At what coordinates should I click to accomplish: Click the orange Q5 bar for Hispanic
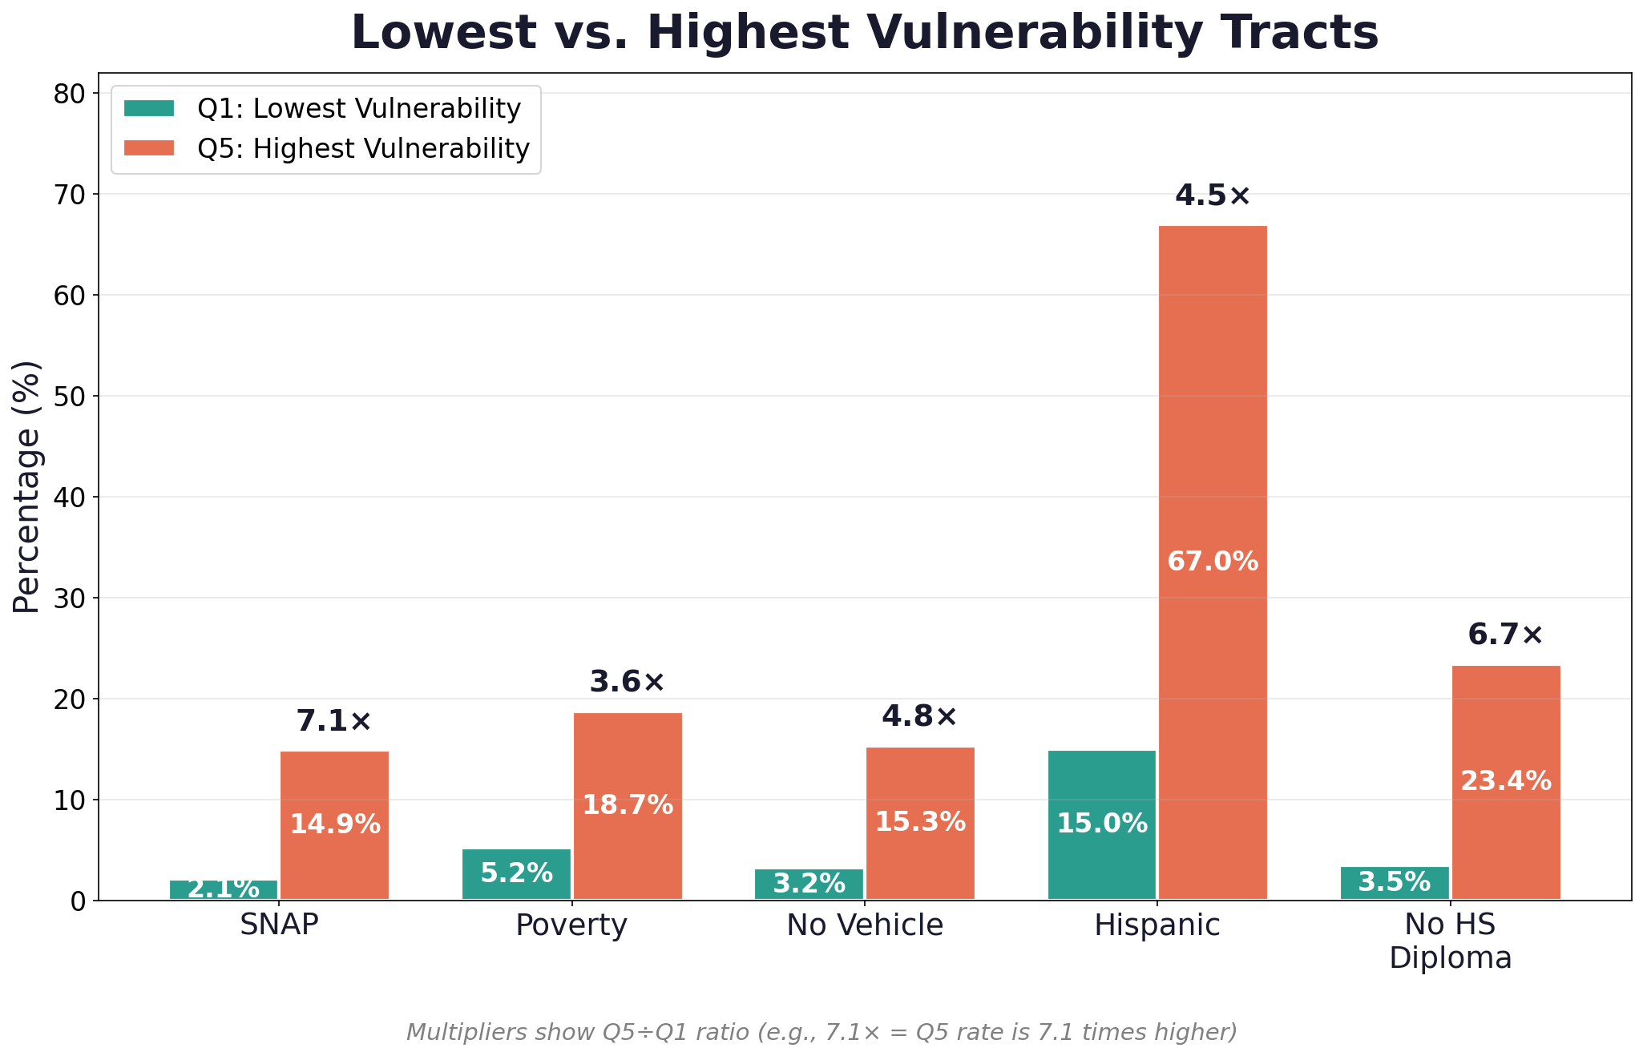pos(1213,401)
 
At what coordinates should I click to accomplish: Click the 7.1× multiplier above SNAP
pos(334,721)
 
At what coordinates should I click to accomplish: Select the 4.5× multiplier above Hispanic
pos(1213,195)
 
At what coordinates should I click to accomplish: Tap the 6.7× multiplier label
pos(1505,635)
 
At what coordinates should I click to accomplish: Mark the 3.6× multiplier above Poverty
pos(627,683)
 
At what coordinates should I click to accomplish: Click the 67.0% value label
pos(1213,562)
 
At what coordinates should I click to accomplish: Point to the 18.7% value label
pos(627,805)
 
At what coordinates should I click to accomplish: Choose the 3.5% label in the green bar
pos(1395,882)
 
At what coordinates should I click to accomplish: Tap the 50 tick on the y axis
pos(71,397)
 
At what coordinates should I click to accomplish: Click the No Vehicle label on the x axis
pos(865,925)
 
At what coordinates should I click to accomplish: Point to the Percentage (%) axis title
pos(27,486)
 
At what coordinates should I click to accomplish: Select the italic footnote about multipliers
pos(821,1032)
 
